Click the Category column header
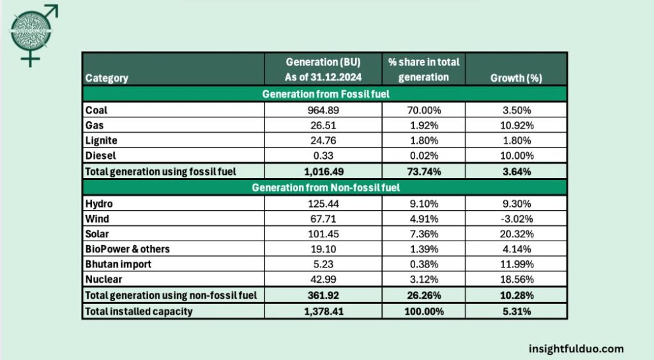pos(107,78)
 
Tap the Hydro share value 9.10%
pos(423,204)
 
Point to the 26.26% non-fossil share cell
pos(423,295)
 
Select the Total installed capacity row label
pos(139,311)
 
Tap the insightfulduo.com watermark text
pos(576,349)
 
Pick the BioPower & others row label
pos(127,248)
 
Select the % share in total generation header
pos(423,70)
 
